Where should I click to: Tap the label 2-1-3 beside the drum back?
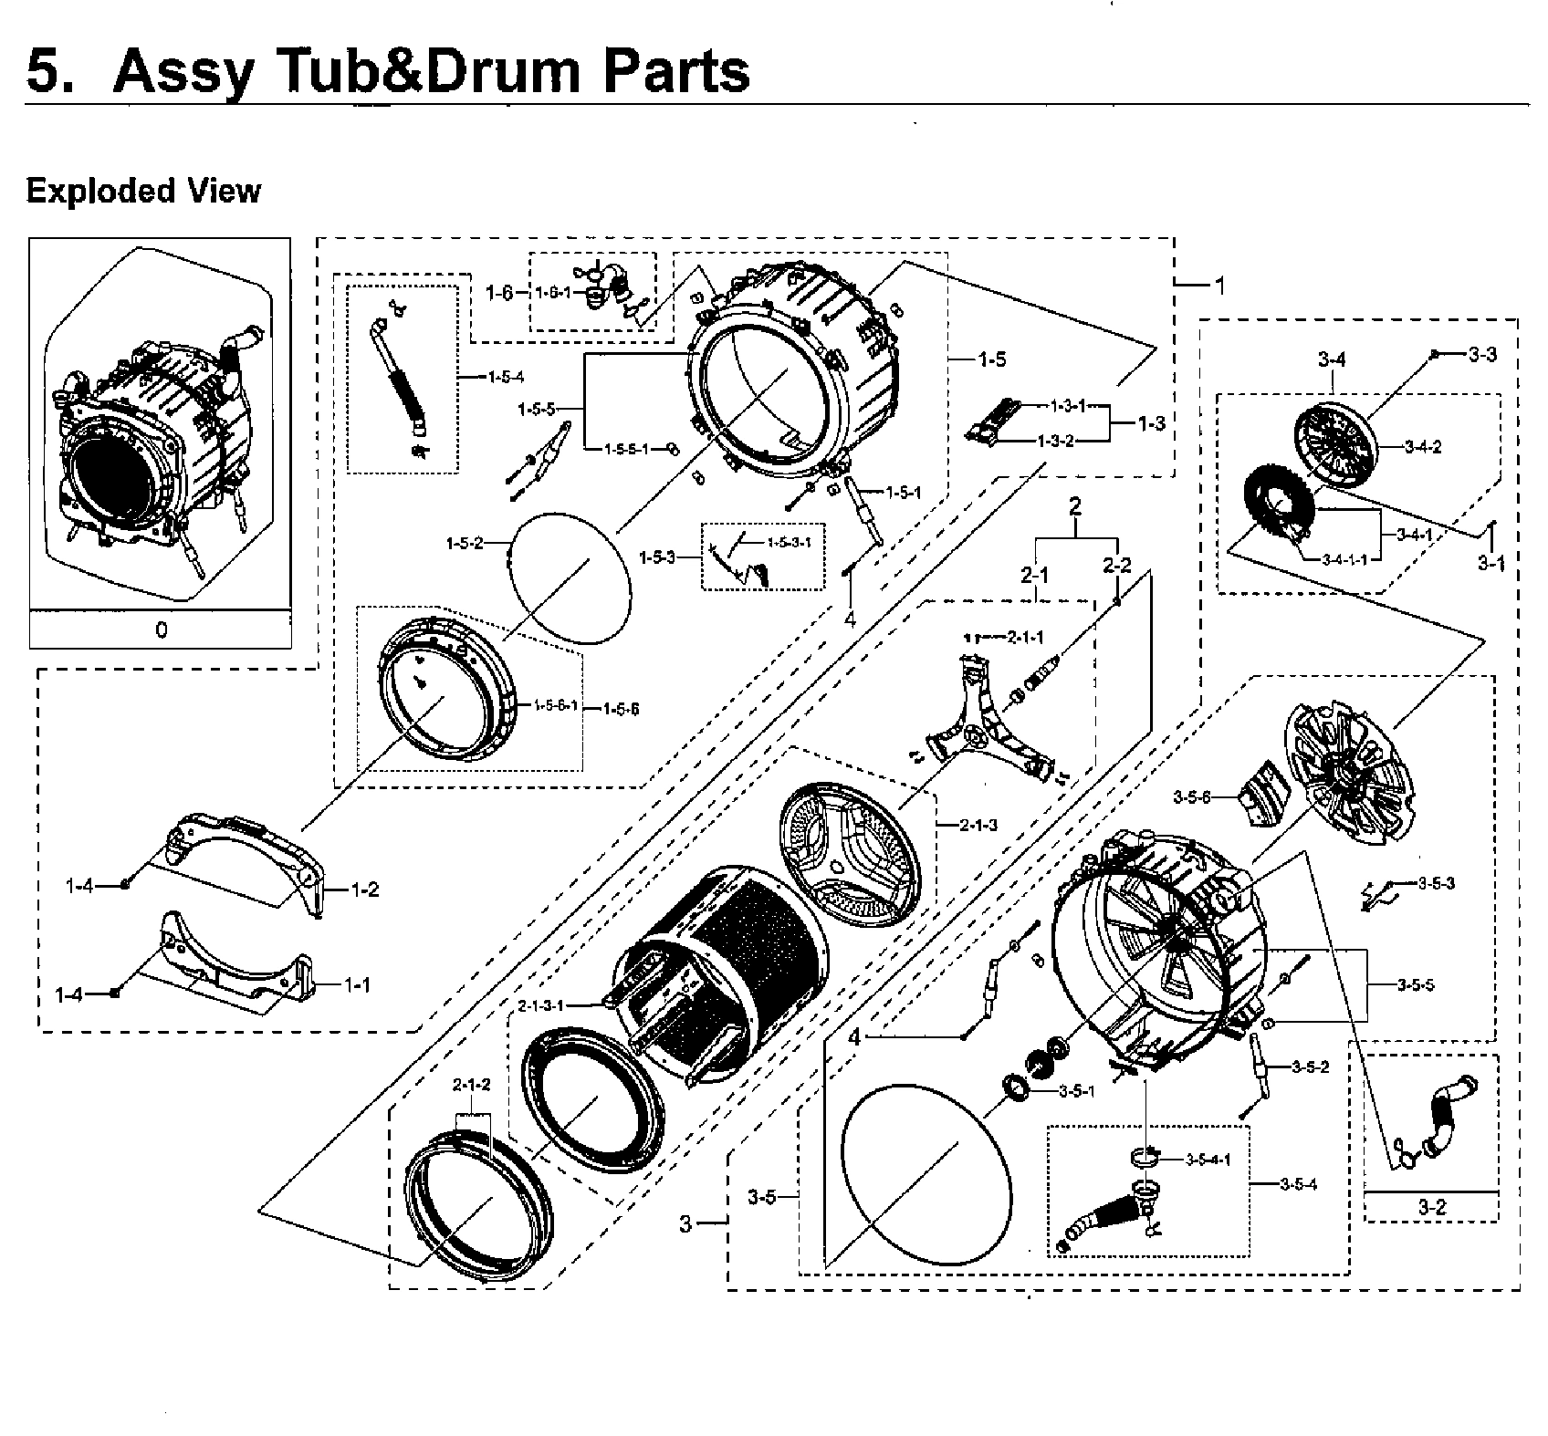(x=978, y=825)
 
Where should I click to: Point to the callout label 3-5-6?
(x=1192, y=797)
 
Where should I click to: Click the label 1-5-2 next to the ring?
(x=464, y=544)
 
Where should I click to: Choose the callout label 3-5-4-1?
(x=1208, y=1160)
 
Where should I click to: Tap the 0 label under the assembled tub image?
(x=162, y=630)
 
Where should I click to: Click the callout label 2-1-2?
(x=472, y=1085)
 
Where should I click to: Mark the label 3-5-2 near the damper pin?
(x=1310, y=1067)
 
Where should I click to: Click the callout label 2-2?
(x=1116, y=566)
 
